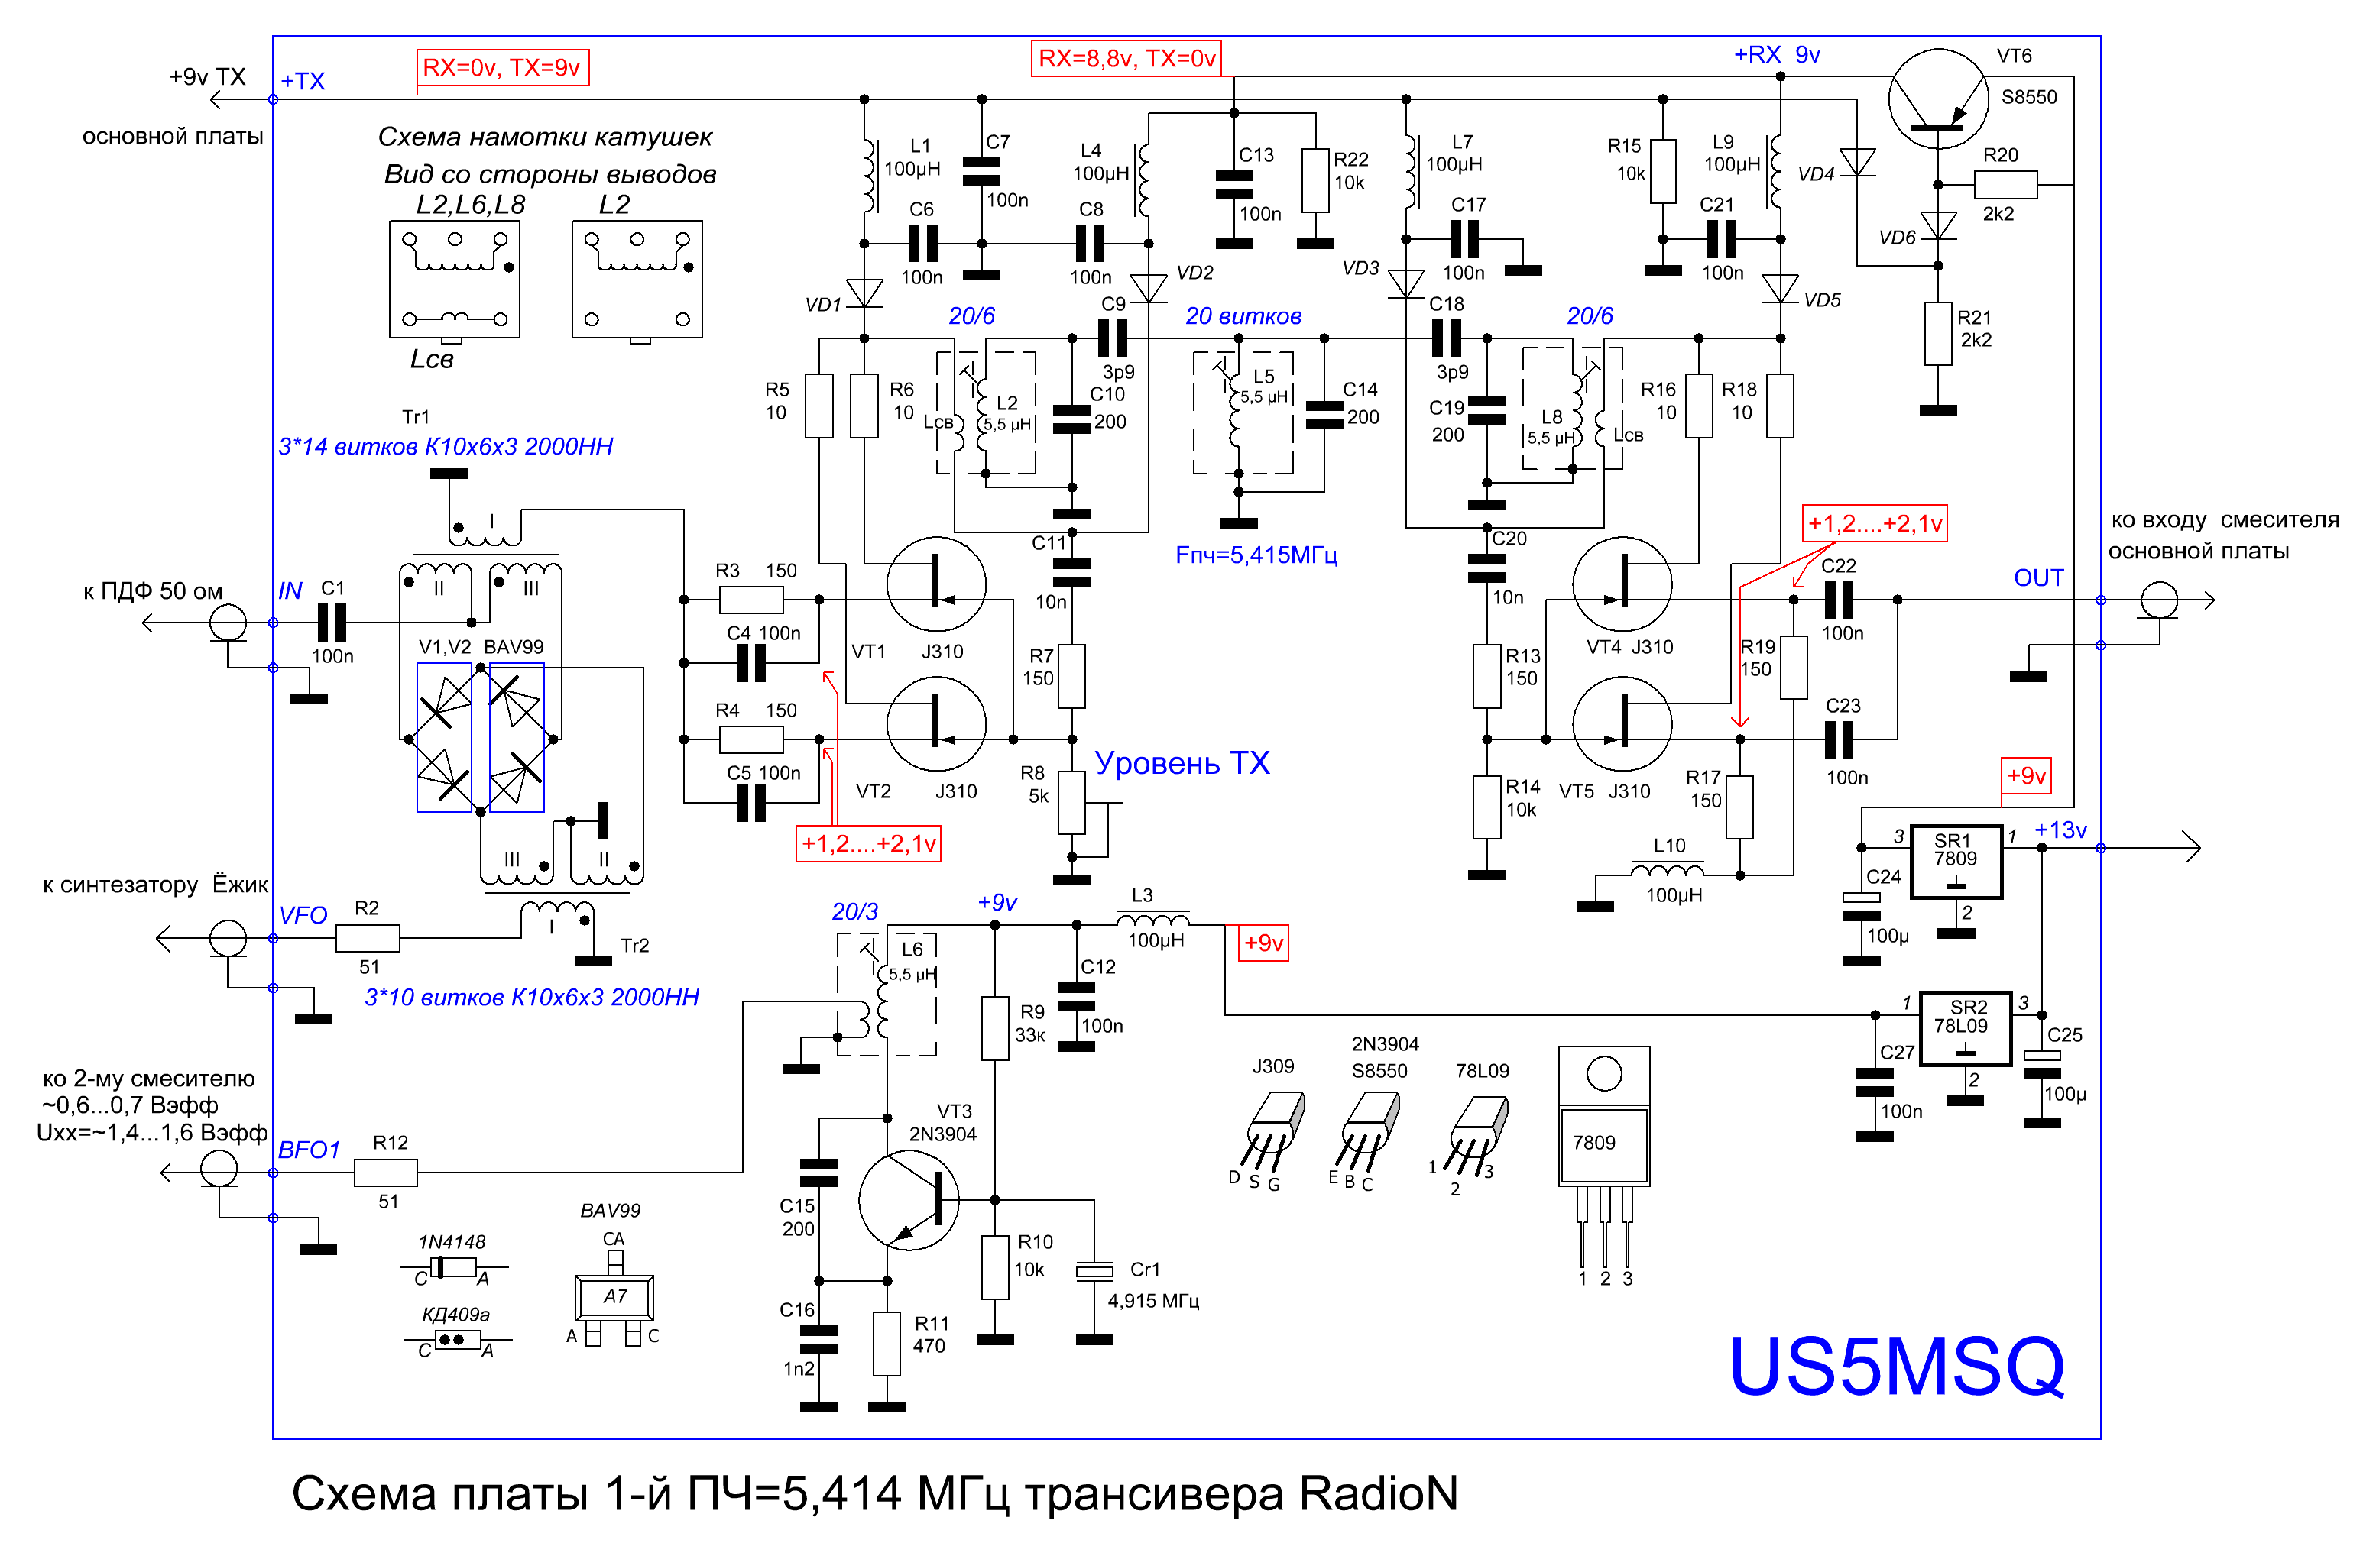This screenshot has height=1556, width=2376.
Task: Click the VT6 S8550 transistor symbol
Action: pyautogui.click(x=1939, y=99)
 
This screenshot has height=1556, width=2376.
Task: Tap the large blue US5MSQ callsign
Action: pyautogui.click(x=1896, y=1367)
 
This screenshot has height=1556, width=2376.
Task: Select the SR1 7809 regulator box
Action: pyautogui.click(x=1956, y=862)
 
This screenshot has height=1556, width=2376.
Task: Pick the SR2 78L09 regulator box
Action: pyautogui.click(x=1965, y=1029)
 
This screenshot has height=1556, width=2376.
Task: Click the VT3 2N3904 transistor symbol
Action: pyautogui.click(x=909, y=1201)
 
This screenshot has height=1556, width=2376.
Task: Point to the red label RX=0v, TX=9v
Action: pyautogui.click(x=502, y=67)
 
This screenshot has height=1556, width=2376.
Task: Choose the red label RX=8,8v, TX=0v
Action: pyautogui.click(x=1127, y=58)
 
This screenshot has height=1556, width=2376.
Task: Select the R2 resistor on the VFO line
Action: pyautogui.click(x=368, y=938)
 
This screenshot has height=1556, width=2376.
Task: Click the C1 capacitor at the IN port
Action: pyautogui.click(x=332, y=623)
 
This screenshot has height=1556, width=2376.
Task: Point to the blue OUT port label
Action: pyautogui.click(x=2037, y=578)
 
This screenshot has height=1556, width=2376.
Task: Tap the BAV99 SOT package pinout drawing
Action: pyautogui.click(x=614, y=1296)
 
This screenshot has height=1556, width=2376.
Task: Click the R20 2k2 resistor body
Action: pyautogui.click(x=2005, y=185)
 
